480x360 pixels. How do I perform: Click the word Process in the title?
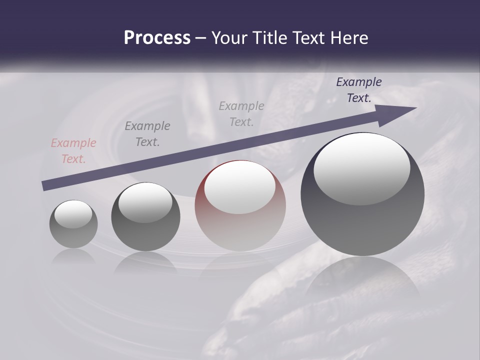click(157, 38)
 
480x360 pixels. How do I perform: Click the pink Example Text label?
click(73, 151)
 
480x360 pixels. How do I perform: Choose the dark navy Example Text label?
click(358, 90)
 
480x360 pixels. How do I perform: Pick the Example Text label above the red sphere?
click(241, 114)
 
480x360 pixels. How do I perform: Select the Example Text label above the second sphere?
click(147, 134)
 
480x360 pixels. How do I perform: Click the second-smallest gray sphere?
click(145, 217)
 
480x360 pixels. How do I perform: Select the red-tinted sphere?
click(240, 206)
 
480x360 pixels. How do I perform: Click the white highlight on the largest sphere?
click(362, 167)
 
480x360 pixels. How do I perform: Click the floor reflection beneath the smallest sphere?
click(73, 256)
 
